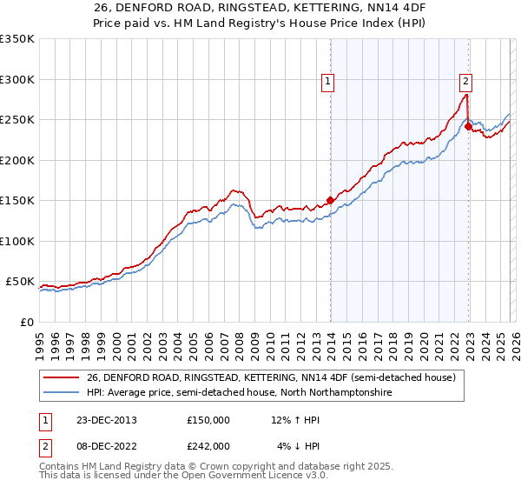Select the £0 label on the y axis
25,322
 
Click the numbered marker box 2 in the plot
466,82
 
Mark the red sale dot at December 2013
330,200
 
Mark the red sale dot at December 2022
468,126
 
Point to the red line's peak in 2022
467,95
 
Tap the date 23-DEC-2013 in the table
100,419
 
